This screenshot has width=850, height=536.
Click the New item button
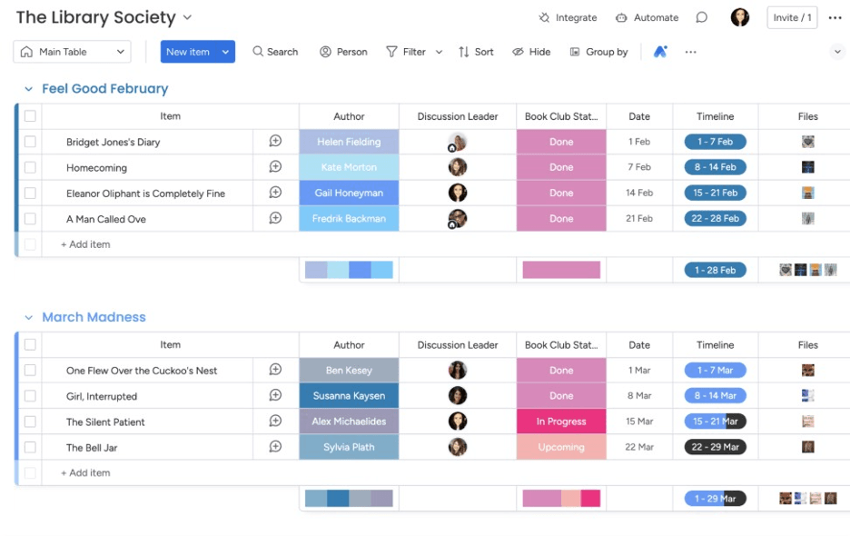tap(188, 52)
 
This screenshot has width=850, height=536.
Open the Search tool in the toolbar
tap(275, 52)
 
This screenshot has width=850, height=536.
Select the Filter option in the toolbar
tap(406, 52)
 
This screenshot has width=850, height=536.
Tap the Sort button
tap(476, 52)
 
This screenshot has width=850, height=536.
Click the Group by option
tap(598, 52)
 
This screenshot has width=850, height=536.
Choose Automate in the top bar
tap(647, 17)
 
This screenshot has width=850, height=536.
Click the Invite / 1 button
tap(792, 17)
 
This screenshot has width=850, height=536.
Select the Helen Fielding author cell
tap(349, 142)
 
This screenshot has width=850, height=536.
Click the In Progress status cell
tap(561, 422)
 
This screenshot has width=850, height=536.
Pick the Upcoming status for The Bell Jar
tap(561, 447)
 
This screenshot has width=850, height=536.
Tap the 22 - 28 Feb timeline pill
tap(715, 218)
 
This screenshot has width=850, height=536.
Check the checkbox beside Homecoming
tap(30, 167)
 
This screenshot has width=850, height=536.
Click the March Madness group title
tap(94, 317)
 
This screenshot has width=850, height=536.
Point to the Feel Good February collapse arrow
tap(28, 89)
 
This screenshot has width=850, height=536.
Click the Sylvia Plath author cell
tap(349, 447)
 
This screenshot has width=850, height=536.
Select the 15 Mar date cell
tap(639, 422)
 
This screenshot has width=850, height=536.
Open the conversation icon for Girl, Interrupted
tap(275, 395)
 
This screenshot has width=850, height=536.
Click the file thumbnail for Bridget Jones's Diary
tap(807, 142)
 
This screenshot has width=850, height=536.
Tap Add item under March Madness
tap(85, 472)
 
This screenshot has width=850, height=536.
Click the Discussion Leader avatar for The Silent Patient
tap(458, 422)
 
